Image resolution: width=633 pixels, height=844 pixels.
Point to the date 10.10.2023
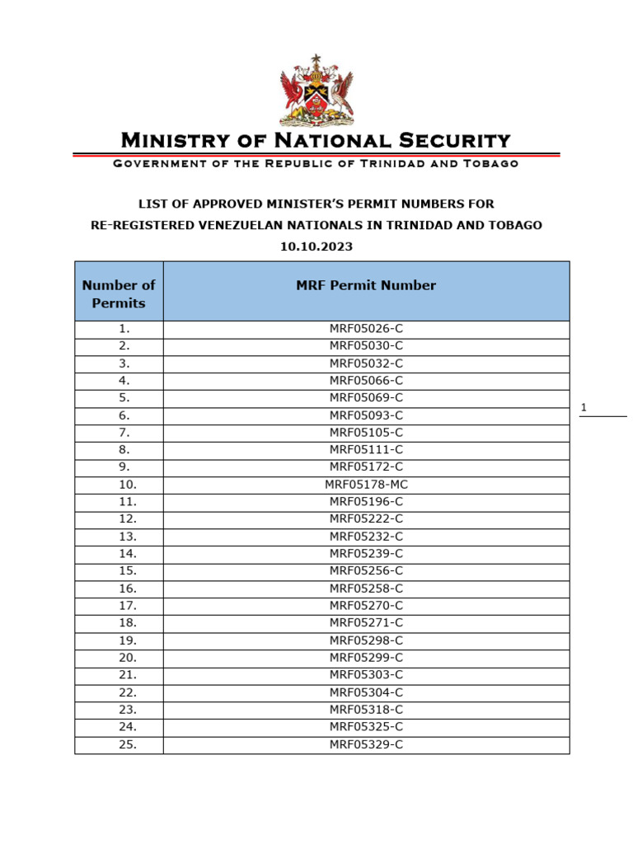click(x=316, y=246)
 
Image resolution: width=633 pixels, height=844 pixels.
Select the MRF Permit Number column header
click(x=366, y=286)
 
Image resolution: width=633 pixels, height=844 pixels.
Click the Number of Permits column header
click(x=119, y=294)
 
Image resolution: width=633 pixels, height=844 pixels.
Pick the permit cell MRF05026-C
click(x=366, y=329)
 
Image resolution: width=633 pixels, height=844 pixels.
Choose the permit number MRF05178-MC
click(x=366, y=485)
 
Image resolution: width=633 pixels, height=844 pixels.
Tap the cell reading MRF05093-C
click(x=366, y=415)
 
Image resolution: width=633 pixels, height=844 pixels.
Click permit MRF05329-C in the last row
click(x=366, y=744)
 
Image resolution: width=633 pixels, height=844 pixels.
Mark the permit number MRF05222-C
click(x=366, y=519)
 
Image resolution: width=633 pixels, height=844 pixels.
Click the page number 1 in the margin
click(x=584, y=408)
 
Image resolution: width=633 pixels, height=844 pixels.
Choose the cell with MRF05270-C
click(x=366, y=606)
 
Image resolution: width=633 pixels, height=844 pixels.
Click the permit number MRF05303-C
click(x=366, y=675)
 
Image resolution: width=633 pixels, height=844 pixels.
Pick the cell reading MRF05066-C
click(x=366, y=381)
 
